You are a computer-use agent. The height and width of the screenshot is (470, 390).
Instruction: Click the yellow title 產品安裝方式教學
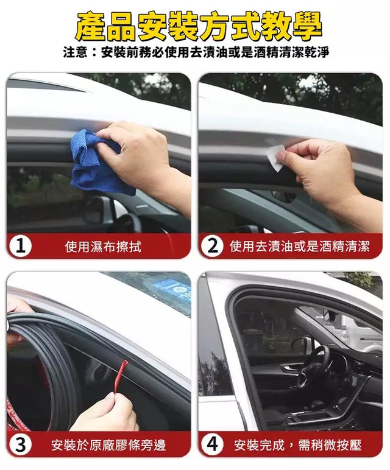[198, 26]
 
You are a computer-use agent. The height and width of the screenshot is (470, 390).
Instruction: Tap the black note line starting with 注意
[196, 52]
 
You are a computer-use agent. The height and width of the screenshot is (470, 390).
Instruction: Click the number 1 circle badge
[20, 247]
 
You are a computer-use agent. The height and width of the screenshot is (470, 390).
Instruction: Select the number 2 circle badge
[213, 247]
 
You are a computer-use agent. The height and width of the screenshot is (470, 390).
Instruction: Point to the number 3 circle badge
[20, 445]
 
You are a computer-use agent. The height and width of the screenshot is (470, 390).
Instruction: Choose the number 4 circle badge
[213, 445]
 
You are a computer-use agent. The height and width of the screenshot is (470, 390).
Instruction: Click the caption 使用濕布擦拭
[103, 247]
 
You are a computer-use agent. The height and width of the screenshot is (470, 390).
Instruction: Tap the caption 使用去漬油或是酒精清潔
[299, 247]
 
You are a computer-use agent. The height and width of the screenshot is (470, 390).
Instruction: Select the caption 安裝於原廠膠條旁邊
[108, 446]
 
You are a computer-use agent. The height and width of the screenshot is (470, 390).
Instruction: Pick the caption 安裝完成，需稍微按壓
[298, 446]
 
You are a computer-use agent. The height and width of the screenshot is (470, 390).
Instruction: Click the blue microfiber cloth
[96, 163]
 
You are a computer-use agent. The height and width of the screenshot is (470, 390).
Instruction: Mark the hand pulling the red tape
[105, 413]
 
